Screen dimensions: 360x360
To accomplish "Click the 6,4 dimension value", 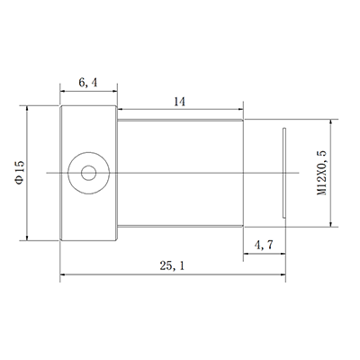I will [88, 82].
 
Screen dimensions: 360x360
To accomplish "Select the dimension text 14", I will [178, 103].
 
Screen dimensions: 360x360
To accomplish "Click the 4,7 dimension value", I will [265, 244].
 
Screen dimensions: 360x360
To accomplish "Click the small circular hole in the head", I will [88, 172].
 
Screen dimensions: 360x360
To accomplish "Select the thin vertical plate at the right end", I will [284, 172].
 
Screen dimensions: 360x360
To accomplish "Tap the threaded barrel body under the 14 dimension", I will [180, 172].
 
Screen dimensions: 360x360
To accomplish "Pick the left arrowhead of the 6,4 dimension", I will [63, 90].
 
